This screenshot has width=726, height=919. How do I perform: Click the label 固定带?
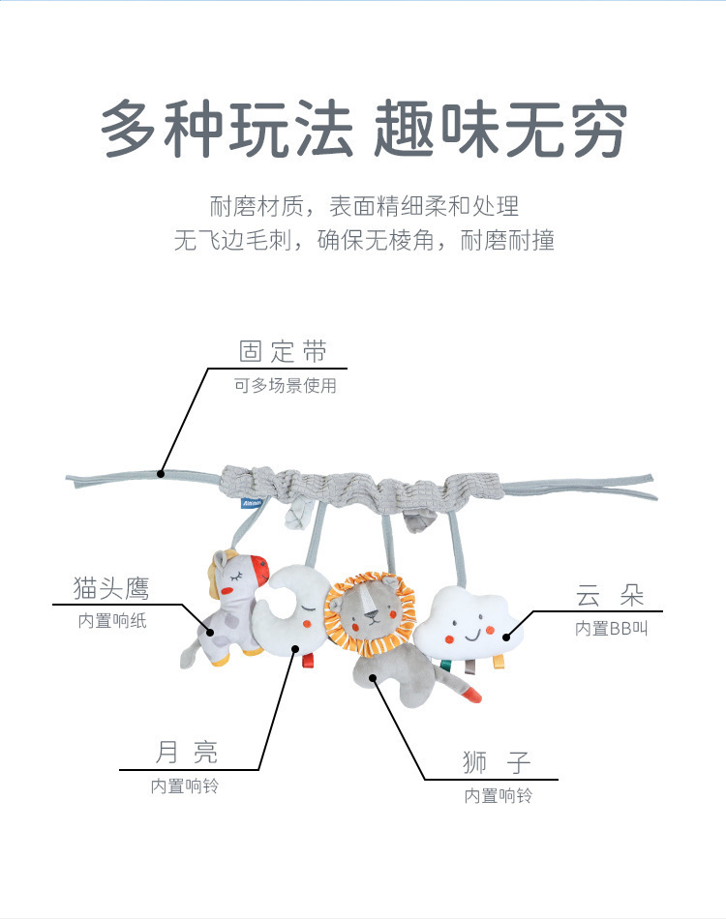point(283,351)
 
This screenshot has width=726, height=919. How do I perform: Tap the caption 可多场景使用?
point(285,386)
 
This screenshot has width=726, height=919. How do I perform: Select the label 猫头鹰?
point(111,587)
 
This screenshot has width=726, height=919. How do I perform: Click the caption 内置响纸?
point(112,621)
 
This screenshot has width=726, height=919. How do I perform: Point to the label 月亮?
point(186,752)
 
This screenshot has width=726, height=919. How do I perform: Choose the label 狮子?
point(497,762)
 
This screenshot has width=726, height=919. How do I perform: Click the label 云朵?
point(610,594)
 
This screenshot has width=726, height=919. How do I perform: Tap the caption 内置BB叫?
point(610,628)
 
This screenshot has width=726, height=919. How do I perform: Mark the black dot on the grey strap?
point(162,473)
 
